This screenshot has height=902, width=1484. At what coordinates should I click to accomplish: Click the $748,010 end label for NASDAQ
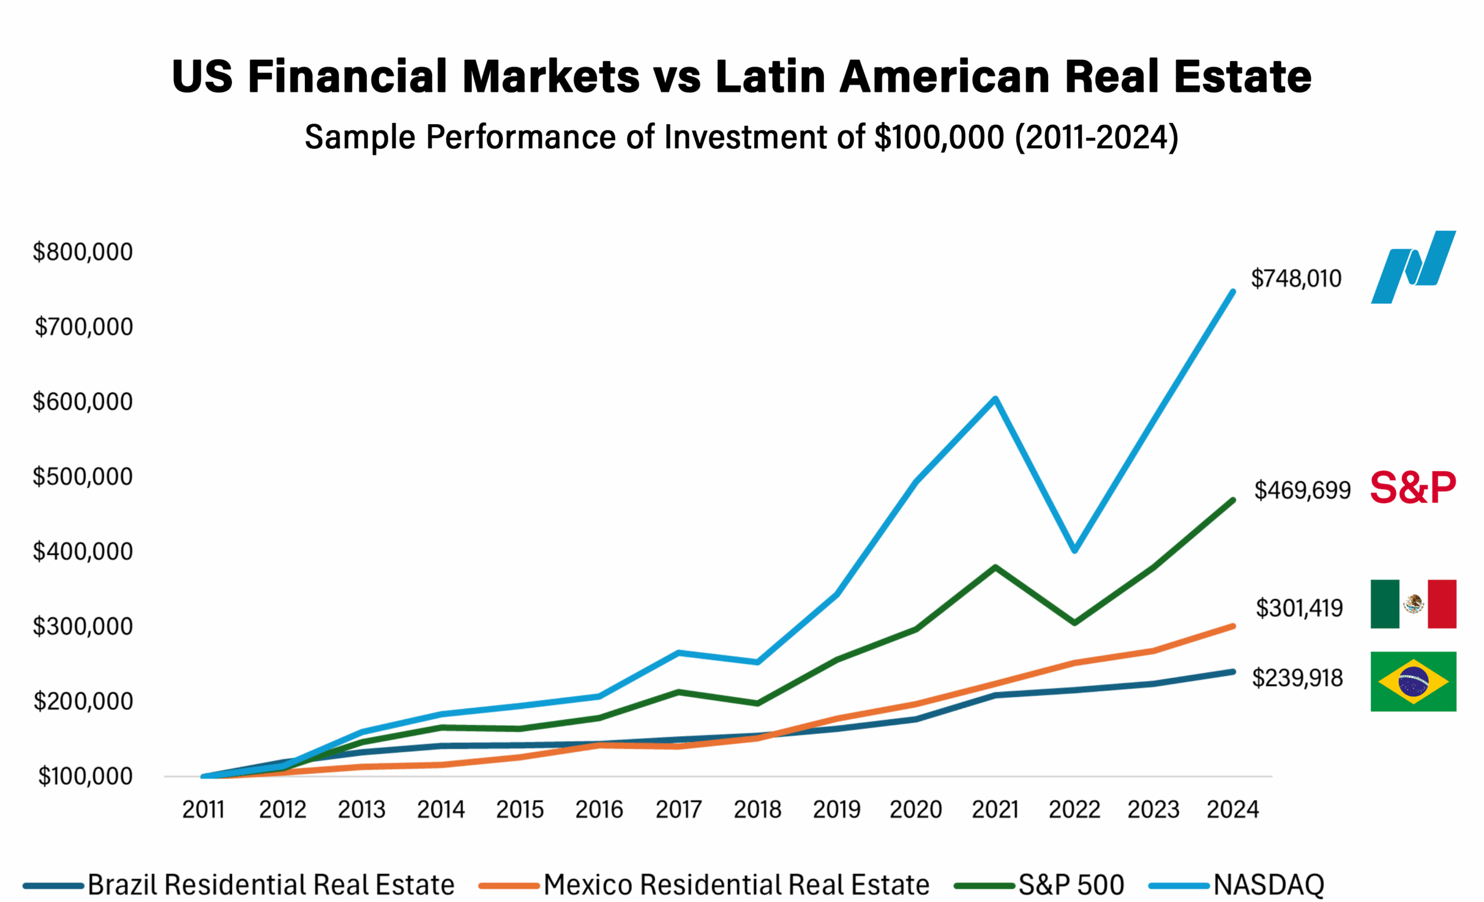[x=1296, y=279]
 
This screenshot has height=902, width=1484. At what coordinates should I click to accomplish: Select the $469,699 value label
[x=1301, y=490]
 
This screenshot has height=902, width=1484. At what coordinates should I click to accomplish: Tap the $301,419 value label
[x=1298, y=608]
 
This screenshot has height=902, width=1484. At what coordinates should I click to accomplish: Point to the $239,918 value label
[x=1297, y=678]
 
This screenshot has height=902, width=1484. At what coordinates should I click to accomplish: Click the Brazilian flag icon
[x=1412, y=682]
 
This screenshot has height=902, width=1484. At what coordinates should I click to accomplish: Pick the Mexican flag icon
[x=1412, y=604]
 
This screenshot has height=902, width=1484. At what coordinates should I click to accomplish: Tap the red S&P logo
[x=1412, y=488]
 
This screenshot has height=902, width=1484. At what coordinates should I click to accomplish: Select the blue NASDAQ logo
[x=1412, y=267]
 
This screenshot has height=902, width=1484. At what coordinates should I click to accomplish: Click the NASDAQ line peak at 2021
[x=995, y=399]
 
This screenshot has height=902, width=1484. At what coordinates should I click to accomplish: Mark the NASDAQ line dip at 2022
[x=1075, y=550]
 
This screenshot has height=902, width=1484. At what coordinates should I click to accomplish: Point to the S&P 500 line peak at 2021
[x=995, y=567]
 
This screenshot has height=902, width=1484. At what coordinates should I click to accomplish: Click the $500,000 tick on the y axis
[x=82, y=477]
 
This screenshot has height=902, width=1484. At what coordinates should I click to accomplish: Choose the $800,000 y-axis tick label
[x=82, y=252]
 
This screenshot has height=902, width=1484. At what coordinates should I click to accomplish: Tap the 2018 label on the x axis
[x=757, y=810]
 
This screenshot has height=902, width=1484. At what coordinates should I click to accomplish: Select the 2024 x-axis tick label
[x=1232, y=810]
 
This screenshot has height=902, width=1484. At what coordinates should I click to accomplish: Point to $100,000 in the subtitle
[x=939, y=137]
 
